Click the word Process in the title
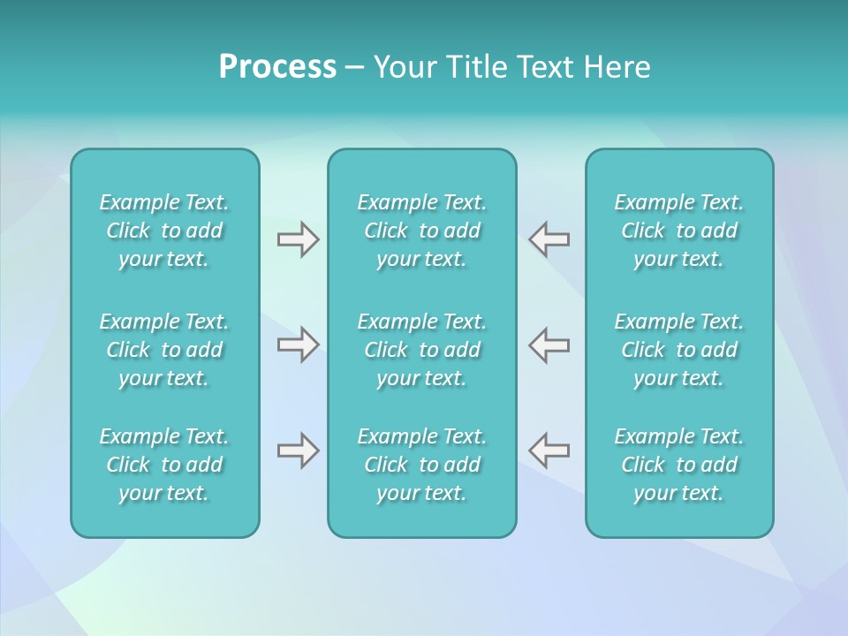tap(277, 67)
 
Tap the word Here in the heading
tap(616, 67)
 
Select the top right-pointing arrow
tap(299, 239)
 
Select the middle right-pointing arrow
tap(299, 344)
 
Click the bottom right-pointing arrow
tap(299, 450)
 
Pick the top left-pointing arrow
tap(549, 239)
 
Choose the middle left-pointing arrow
tap(549, 344)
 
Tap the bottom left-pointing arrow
tap(549, 450)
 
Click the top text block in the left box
tap(164, 231)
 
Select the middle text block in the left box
tap(164, 350)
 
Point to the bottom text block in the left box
tap(164, 465)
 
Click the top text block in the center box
tap(422, 231)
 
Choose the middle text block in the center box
tap(422, 350)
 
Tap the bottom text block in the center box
tap(422, 465)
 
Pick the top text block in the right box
tap(679, 231)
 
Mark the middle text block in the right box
tap(679, 350)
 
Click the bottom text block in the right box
tap(679, 465)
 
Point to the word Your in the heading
tap(405, 67)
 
